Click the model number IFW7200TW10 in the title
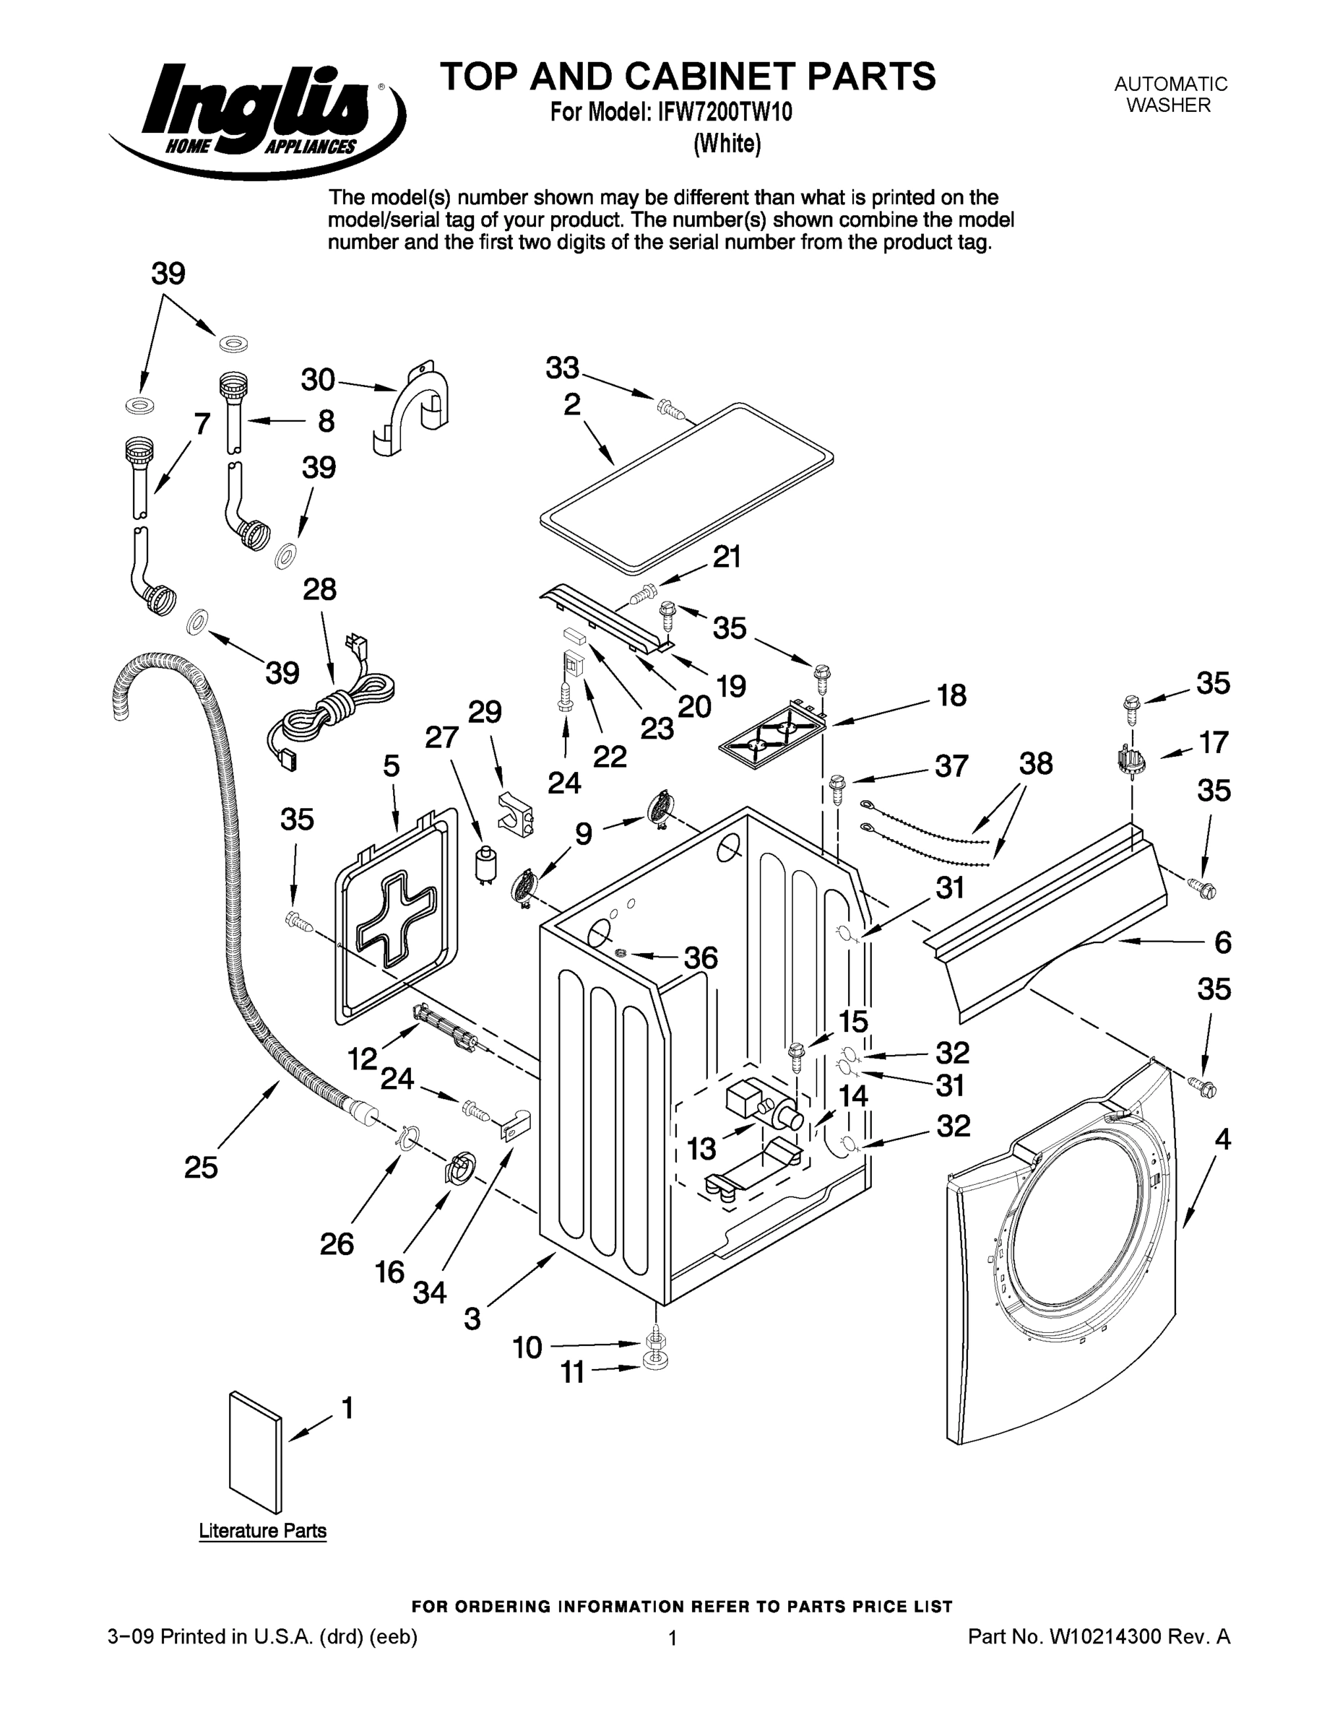point(724,113)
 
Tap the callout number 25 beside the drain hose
point(201,1167)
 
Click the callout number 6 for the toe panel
point(1222,942)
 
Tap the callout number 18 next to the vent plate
point(951,695)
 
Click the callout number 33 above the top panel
point(563,368)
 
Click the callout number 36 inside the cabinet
point(700,957)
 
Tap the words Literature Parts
point(262,1531)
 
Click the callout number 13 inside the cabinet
point(701,1147)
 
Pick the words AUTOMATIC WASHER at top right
point(1170,95)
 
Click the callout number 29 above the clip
point(484,712)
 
